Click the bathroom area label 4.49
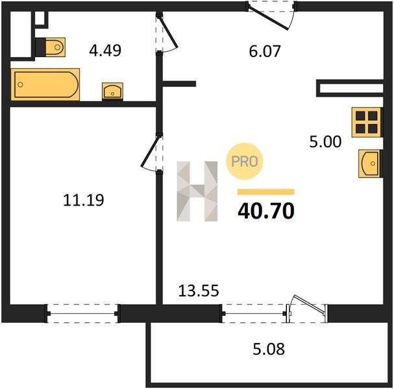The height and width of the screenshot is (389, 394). point(105,50)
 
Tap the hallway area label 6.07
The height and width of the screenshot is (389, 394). point(265,51)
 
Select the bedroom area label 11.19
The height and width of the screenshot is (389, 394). point(84,200)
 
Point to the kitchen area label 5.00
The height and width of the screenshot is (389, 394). point(325,141)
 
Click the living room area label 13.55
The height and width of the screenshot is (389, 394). point(199,291)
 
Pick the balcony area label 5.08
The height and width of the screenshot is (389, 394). point(269,349)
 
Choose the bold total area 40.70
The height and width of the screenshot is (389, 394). point(266,211)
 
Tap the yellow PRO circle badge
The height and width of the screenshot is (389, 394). point(245,161)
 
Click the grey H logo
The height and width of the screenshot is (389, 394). point(197,191)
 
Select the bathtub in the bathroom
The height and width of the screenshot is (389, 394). point(45,84)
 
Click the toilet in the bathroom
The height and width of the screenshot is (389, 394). point(53,47)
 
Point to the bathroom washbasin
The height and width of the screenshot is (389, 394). point(112,91)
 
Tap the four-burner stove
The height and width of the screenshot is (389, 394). point(366,123)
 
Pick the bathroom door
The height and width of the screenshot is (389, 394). point(166,33)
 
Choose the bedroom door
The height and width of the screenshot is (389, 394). point(151,154)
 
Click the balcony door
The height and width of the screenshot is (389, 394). point(307,309)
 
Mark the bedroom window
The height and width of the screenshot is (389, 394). point(82,313)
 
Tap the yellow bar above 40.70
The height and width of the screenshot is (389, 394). point(266,192)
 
